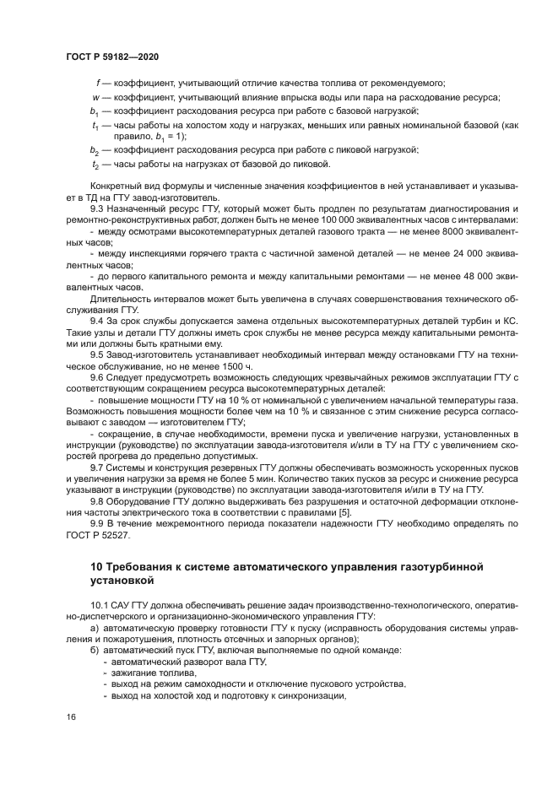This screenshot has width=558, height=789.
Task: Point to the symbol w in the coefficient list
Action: (97, 97)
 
